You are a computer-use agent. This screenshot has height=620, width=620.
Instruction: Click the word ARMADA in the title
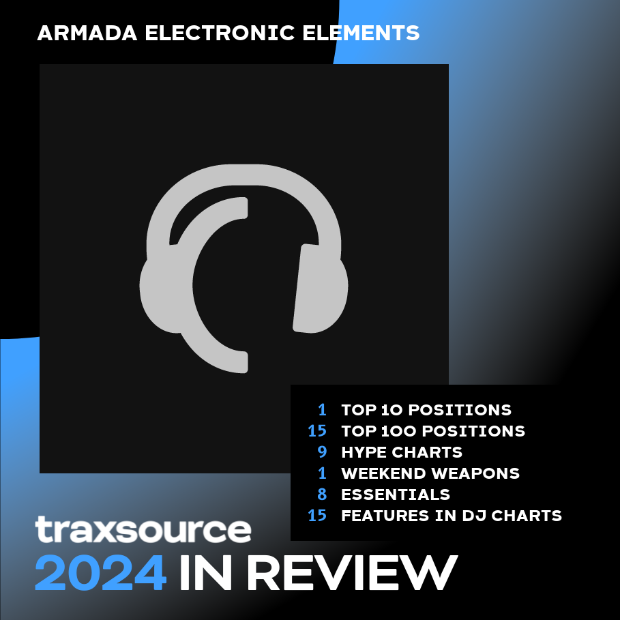point(87,33)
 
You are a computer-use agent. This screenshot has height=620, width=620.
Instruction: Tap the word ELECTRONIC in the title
point(220,33)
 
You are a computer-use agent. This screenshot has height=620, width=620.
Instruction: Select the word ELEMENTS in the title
point(361,33)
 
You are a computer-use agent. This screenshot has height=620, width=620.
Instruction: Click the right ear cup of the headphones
point(321,289)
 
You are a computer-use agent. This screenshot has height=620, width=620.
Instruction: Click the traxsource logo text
point(143,529)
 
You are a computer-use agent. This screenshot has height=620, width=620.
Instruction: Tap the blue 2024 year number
point(101,572)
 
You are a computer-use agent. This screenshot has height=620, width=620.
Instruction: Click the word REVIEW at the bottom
point(354,572)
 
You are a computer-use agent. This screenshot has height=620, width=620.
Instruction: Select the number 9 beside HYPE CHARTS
point(322,452)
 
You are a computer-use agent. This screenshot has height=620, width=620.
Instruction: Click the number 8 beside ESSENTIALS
point(322,494)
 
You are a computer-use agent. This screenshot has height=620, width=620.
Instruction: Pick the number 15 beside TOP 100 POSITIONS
point(317,430)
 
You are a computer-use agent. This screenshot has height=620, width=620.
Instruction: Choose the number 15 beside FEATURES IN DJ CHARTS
point(317,515)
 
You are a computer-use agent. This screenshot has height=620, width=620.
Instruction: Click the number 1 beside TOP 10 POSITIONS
point(323,410)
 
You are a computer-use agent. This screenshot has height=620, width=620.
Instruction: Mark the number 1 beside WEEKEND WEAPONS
point(323,473)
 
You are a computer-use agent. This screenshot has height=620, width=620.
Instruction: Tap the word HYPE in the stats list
point(364,452)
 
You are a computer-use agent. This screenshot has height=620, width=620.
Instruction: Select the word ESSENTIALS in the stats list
point(396,494)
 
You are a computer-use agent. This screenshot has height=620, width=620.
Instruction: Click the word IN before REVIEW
point(205,572)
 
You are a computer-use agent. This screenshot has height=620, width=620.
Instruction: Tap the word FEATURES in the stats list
point(385,516)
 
